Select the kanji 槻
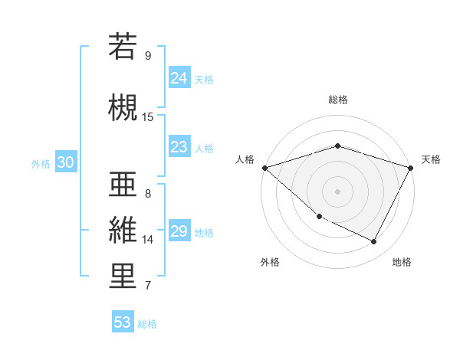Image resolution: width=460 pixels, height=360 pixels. click(x=123, y=106)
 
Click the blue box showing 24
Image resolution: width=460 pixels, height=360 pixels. click(x=179, y=77)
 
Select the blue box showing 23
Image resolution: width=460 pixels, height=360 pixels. click(x=179, y=147)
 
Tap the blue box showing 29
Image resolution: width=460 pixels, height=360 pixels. click(x=179, y=231)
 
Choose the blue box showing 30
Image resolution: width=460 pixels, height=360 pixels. click(x=65, y=162)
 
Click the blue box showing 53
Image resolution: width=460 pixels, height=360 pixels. click(x=123, y=322)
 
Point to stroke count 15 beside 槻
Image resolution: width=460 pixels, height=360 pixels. click(x=148, y=117)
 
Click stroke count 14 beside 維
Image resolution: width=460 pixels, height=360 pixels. click(x=148, y=240)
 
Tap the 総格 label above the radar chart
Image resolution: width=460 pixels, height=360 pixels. click(x=337, y=100)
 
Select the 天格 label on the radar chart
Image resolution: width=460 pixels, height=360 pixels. click(x=431, y=159)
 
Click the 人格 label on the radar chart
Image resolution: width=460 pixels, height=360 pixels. click(x=245, y=159)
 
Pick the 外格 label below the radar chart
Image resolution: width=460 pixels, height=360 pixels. click(x=270, y=263)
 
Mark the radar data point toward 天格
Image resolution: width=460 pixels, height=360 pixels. click(x=411, y=168)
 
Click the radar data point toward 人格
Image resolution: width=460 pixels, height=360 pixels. click(x=264, y=168)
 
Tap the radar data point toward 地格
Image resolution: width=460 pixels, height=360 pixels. click(x=374, y=242)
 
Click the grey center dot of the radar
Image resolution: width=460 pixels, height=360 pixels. click(x=337, y=191)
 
